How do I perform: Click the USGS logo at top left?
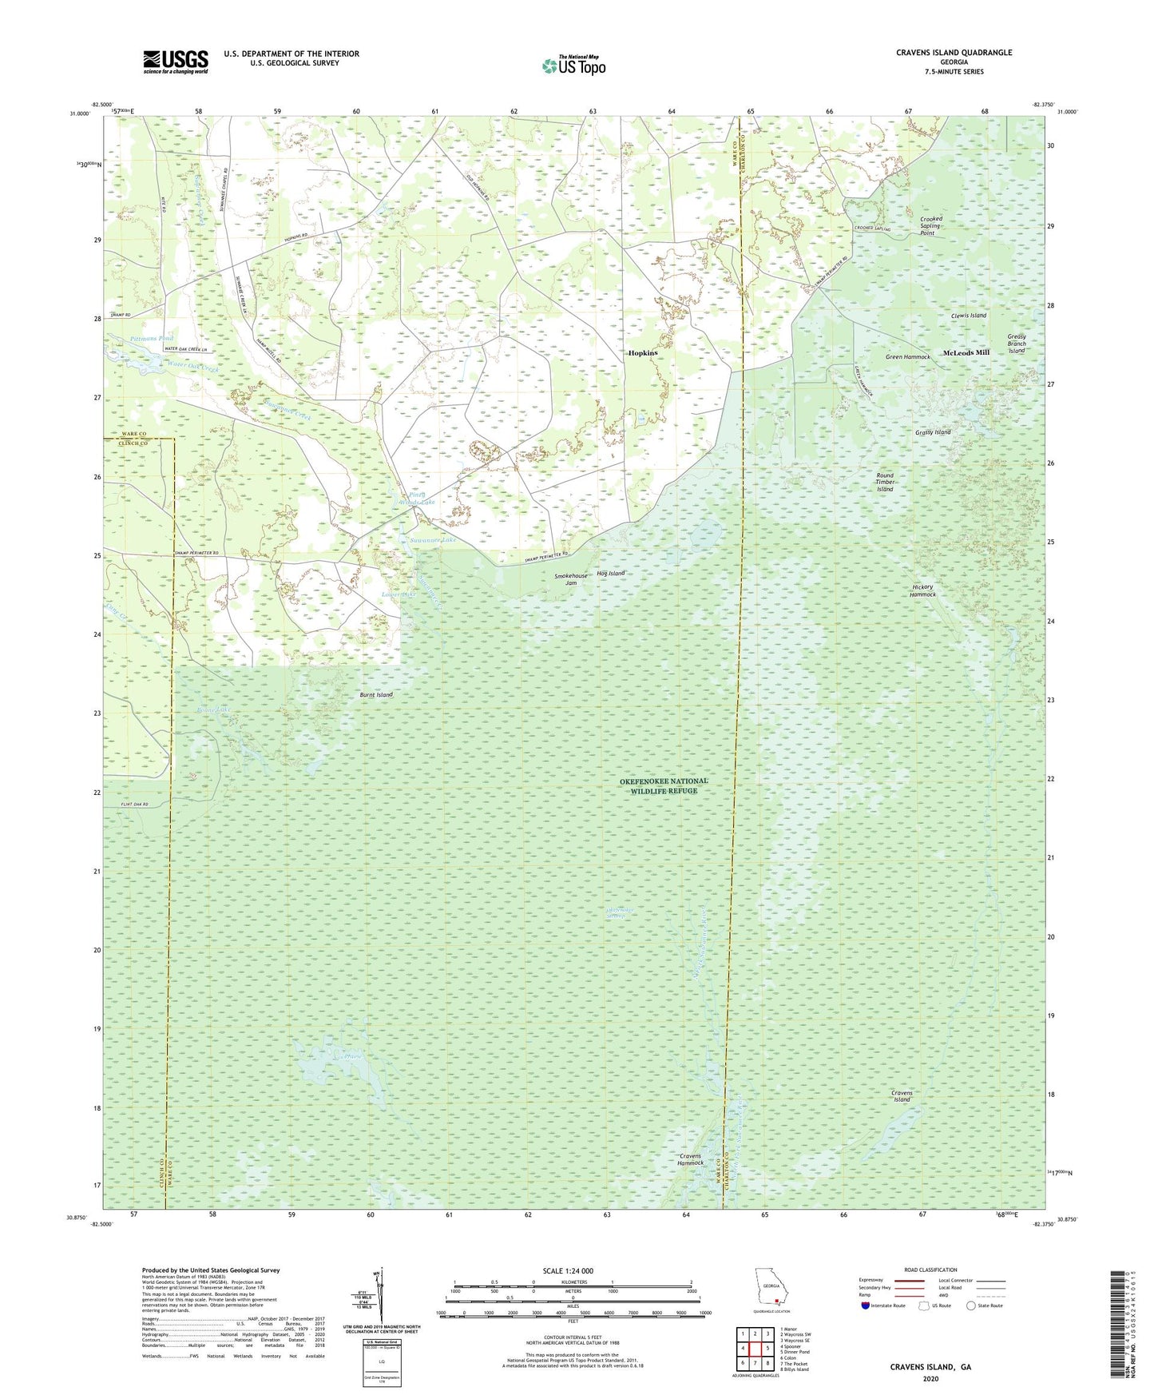pyautogui.click(x=176, y=62)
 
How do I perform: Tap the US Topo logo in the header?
pyautogui.click(x=573, y=66)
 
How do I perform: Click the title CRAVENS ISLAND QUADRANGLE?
pyautogui.click(x=954, y=53)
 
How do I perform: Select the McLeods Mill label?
pyautogui.click(x=966, y=352)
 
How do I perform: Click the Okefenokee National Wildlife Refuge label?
pyautogui.click(x=663, y=785)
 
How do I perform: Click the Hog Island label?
pyautogui.click(x=611, y=574)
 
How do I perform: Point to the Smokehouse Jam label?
pyautogui.click(x=571, y=579)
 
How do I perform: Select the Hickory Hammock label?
pyautogui.click(x=923, y=590)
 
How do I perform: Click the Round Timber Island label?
pyautogui.click(x=884, y=482)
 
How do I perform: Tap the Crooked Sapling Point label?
pyautogui.click(x=931, y=225)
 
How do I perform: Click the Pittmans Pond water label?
pyautogui.click(x=151, y=339)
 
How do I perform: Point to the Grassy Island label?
pyautogui.click(x=933, y=432)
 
